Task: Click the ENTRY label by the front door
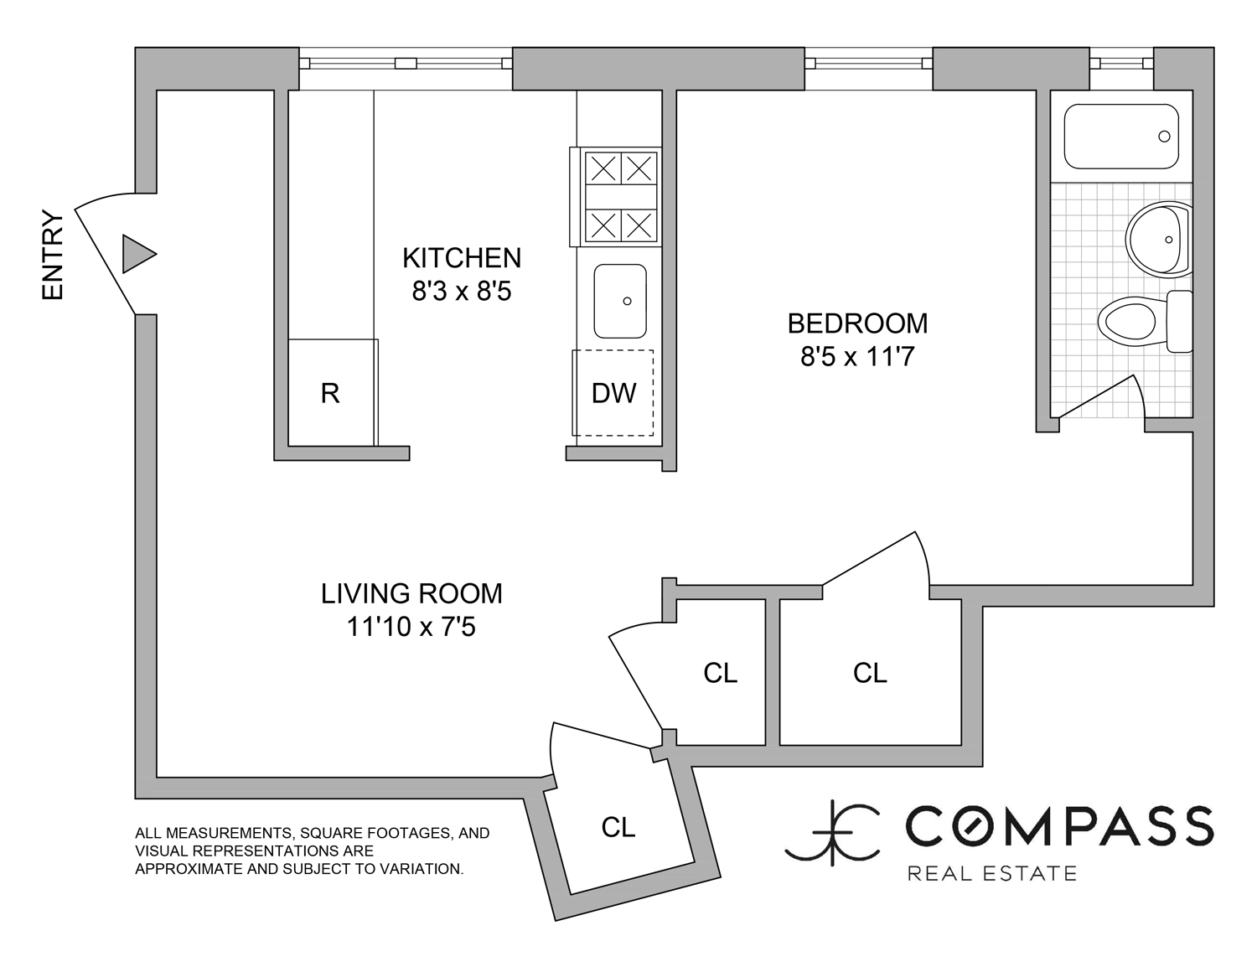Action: point(53,255)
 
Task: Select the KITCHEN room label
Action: point(462,258)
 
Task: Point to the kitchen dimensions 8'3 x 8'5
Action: point(462,292)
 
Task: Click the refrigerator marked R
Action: point(332,393)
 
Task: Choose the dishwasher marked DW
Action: point(613,393)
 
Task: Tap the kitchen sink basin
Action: point(620,301)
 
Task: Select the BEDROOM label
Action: point(857,323)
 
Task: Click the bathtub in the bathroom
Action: point(1121,137)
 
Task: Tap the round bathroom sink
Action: point(1158,240)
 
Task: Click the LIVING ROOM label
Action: point(411,594)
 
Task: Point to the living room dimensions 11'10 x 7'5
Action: point(411,627)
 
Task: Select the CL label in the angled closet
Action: point(618,828)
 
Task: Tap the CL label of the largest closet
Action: point(870,673)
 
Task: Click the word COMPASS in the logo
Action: point(1059,825)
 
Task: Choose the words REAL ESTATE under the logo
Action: point(992,872)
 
